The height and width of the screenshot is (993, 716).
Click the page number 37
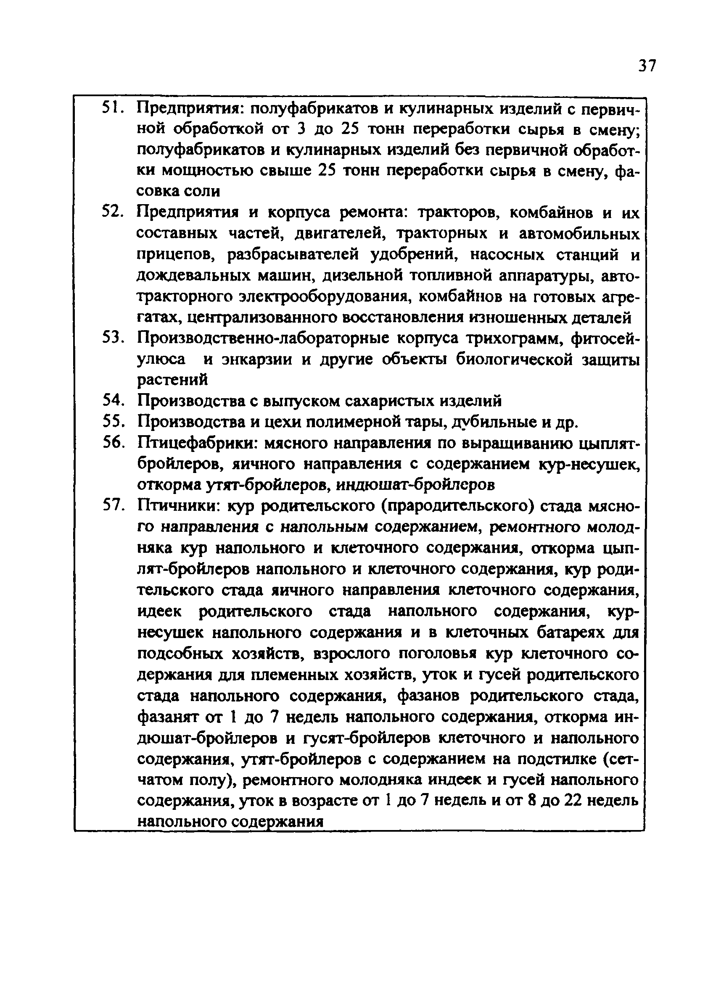[647, 66]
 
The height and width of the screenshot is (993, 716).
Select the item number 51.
[113, 108]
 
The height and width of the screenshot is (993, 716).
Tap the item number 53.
[113, 338]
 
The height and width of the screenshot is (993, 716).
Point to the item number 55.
[113, 422]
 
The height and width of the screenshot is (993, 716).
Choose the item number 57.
[113, 506]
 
